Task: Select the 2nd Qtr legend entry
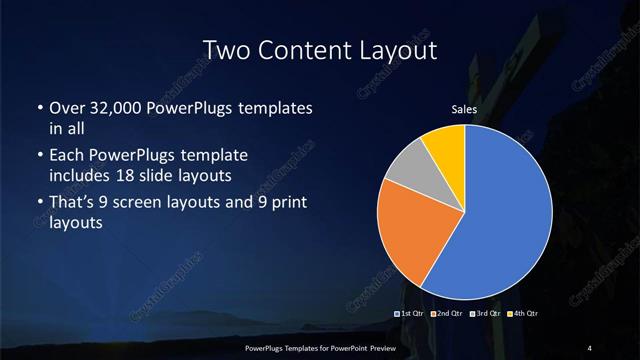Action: (446, 314)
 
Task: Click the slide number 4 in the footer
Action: (590, 347)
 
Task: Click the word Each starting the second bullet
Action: (67, 156)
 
